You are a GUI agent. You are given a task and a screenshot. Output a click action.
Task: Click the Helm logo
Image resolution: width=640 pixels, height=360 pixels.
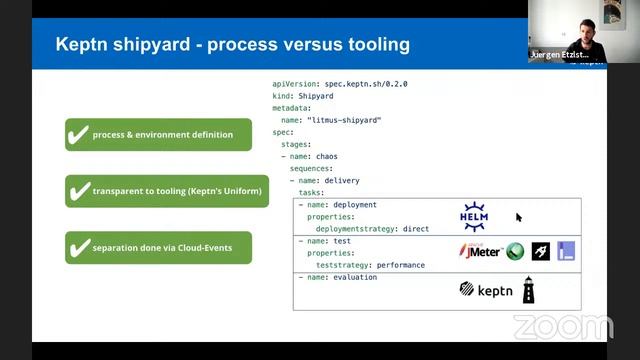coord(474,216)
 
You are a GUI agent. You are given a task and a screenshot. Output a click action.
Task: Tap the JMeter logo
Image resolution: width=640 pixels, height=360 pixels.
coord(480,251)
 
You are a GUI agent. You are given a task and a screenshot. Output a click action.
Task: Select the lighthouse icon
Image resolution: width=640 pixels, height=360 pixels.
coord(528,290)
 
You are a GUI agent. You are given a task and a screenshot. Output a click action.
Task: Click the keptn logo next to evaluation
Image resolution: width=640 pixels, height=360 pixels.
coord(484,290)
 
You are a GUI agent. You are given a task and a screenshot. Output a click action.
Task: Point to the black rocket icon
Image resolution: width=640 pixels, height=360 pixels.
coord(541,251)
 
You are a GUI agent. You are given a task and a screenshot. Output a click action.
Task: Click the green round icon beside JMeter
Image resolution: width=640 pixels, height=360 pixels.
coord(515,251)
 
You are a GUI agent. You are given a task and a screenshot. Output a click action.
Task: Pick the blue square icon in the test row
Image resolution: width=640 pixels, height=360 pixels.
coord(567,251)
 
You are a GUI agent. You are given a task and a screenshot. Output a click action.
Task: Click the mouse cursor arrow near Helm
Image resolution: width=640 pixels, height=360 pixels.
coord(519,217)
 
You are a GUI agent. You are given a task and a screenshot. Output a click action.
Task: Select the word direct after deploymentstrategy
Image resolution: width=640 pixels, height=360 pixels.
coord(415,228)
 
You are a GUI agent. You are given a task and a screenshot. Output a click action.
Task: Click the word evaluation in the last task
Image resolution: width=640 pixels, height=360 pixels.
coord(355,277)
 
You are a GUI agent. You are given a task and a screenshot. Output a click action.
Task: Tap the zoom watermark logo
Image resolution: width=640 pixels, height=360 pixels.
coord(563,327)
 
